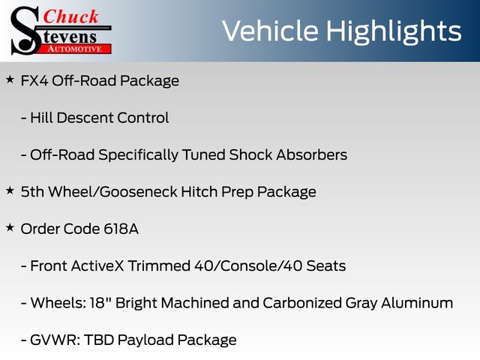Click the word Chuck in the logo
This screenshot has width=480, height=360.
[70, 16]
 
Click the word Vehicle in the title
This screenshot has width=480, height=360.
[270, 31]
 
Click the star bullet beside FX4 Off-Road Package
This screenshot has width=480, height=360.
[10, 79]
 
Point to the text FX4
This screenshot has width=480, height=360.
[34, 81]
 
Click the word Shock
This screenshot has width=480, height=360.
[250, 155]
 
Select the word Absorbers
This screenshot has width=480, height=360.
[312, 155]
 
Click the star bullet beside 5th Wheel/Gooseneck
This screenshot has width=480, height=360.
[10, 190]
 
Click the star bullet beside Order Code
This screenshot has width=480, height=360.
[10, 228]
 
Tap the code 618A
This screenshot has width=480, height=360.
[121, 229]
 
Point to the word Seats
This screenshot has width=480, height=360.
[326, 266]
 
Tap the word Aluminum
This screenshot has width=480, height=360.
[417, 303]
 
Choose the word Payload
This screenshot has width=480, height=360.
[145, 340]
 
